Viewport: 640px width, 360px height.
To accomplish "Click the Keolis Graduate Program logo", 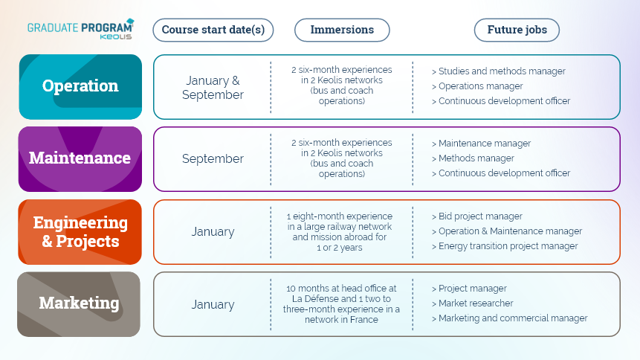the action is click(x=81, y=29).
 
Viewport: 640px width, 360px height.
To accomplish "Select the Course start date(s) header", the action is click(x=213, y=30).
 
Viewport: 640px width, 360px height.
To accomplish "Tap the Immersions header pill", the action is click(x=342, y=30).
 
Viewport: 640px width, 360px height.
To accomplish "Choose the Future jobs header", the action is click(x=517, y=30).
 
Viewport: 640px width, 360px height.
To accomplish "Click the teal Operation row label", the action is click(x=80, y=86).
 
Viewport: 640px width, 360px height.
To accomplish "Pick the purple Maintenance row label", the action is click(x=80, y=159).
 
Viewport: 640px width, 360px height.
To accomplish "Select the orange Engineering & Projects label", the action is click(x=80, y=231).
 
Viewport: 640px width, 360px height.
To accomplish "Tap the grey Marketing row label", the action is click(x=79, y=304).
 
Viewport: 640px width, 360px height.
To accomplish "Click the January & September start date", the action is click(x=213, y=88).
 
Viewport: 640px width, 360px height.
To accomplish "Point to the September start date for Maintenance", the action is click(x=213, y=158).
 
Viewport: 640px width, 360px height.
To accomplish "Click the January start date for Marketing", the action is click(x=213, y=304).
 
